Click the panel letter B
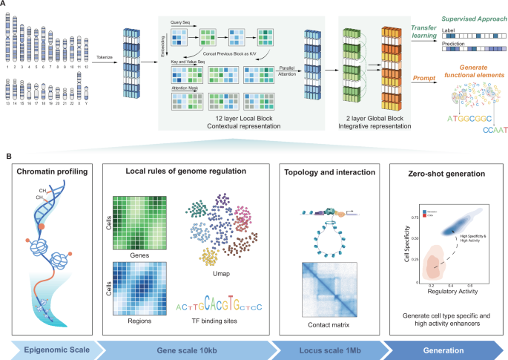[x=7, y=155]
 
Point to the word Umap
[x=208, y=274]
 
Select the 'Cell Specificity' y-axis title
[x=406, y=244]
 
